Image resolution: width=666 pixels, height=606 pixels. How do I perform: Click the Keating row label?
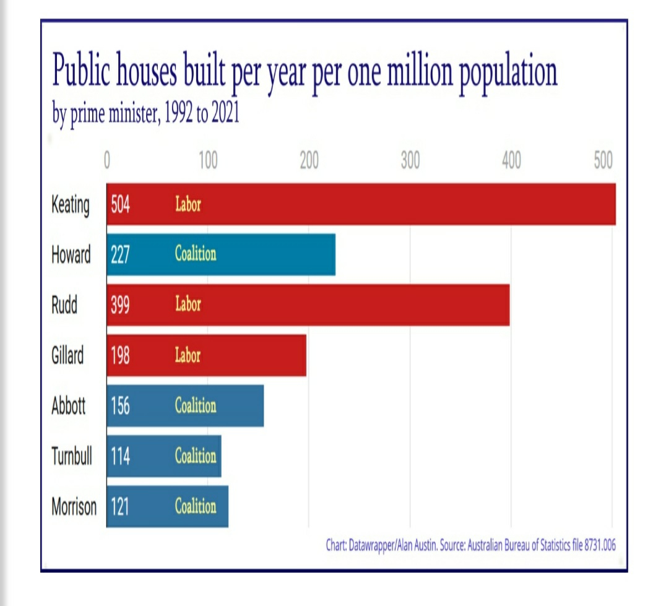point(70,205)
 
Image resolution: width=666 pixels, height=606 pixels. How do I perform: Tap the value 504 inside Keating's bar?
point(121,204)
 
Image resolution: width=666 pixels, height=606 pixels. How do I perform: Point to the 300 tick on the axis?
point(410,161)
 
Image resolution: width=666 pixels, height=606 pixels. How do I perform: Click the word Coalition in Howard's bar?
point(196,254)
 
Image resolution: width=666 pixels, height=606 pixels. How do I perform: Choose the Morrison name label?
point(74,507)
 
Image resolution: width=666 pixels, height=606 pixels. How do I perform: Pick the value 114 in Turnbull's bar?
point(121,456)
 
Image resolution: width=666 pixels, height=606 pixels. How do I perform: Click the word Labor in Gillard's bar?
point(188,355)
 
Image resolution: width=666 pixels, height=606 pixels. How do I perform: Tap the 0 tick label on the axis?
point(106,161)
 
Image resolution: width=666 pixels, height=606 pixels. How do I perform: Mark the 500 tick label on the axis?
point(602,161)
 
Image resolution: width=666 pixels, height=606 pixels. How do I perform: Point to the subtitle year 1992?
point(179,115)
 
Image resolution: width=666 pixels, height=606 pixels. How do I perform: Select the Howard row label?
point(71,255)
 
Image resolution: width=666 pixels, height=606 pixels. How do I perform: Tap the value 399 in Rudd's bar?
point(121,305)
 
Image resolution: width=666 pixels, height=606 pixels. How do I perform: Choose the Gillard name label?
point(67,356)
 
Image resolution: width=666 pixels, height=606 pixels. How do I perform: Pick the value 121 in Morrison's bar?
point(121,507)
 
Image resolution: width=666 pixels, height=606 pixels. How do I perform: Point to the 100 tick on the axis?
point(208,161)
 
